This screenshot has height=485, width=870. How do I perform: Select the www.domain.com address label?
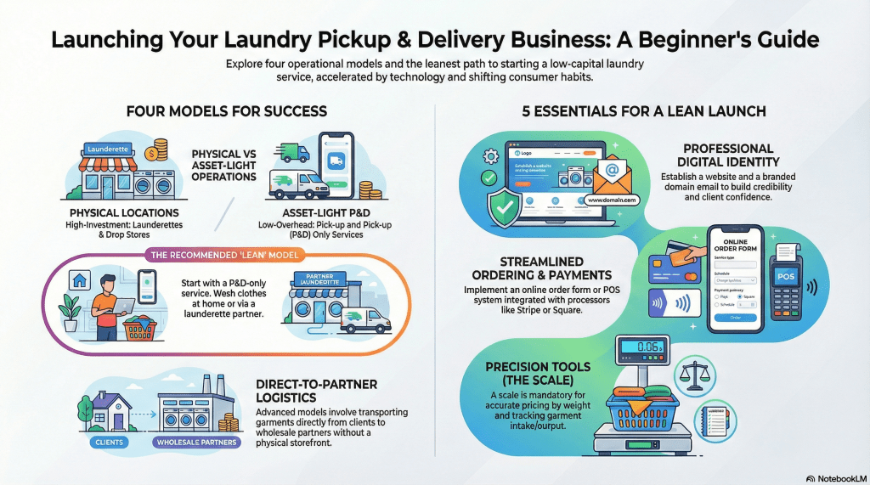click(611, 201)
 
